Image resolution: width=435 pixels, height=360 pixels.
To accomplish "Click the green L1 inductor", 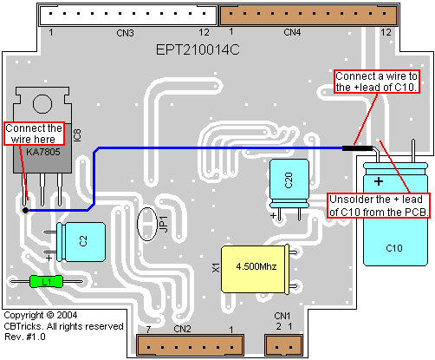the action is (x=46, y=281).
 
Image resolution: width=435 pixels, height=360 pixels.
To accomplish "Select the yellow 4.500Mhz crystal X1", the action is (x=256, y=269).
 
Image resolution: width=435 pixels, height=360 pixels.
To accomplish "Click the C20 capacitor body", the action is (x=289, y=183).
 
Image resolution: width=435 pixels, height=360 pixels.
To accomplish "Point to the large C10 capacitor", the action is (x=395, y=214).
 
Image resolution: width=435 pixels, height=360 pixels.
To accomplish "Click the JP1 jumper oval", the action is (x=147, y=224).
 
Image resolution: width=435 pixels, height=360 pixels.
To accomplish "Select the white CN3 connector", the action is (x=127, y=15).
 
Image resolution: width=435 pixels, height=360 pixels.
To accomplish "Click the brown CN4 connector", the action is (x=308, y=15).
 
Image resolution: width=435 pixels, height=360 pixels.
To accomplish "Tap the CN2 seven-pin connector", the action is (x=190, y=345).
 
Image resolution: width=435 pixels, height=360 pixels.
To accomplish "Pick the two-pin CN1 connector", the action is (x=284, y=345).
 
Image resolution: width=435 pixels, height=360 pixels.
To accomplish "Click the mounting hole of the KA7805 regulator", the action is (x=42, y=104).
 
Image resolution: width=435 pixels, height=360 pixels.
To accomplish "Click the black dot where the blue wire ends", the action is (x=25, y=210).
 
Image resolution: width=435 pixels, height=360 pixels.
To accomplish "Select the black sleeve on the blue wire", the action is (x=357, y=148).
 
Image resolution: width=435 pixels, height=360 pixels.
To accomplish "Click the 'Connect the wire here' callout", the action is (x=34, y=134).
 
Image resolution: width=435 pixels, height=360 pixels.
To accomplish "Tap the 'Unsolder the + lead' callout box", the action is (x=379, y=206).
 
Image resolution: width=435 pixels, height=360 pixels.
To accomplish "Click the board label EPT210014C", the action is (x=198, y=49).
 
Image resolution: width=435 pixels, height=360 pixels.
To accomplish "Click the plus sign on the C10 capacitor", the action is (x=379, y=181).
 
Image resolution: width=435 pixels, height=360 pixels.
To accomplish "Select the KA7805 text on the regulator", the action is (x=43, y=152).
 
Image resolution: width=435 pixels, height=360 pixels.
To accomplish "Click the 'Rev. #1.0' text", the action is (x=25, y=337).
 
